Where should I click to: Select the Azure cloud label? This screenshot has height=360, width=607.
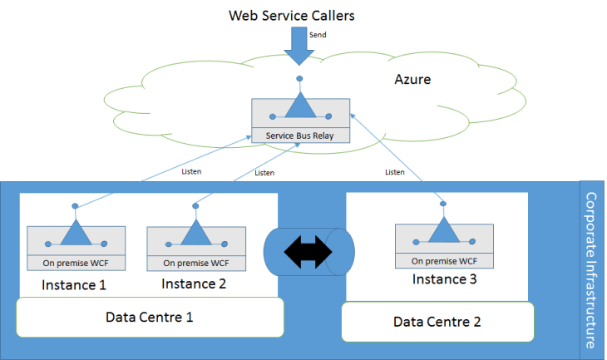click(414, 80)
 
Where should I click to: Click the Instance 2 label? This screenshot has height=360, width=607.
click(195, 284)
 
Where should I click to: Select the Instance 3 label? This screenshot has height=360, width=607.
click(446, 279)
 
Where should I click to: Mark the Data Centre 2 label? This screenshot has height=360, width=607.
click(437, 321)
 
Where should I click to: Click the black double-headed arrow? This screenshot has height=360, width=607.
click(308, 248)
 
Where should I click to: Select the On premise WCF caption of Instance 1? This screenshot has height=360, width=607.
click(76, 264)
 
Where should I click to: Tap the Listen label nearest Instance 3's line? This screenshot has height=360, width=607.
click(397, 172)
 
